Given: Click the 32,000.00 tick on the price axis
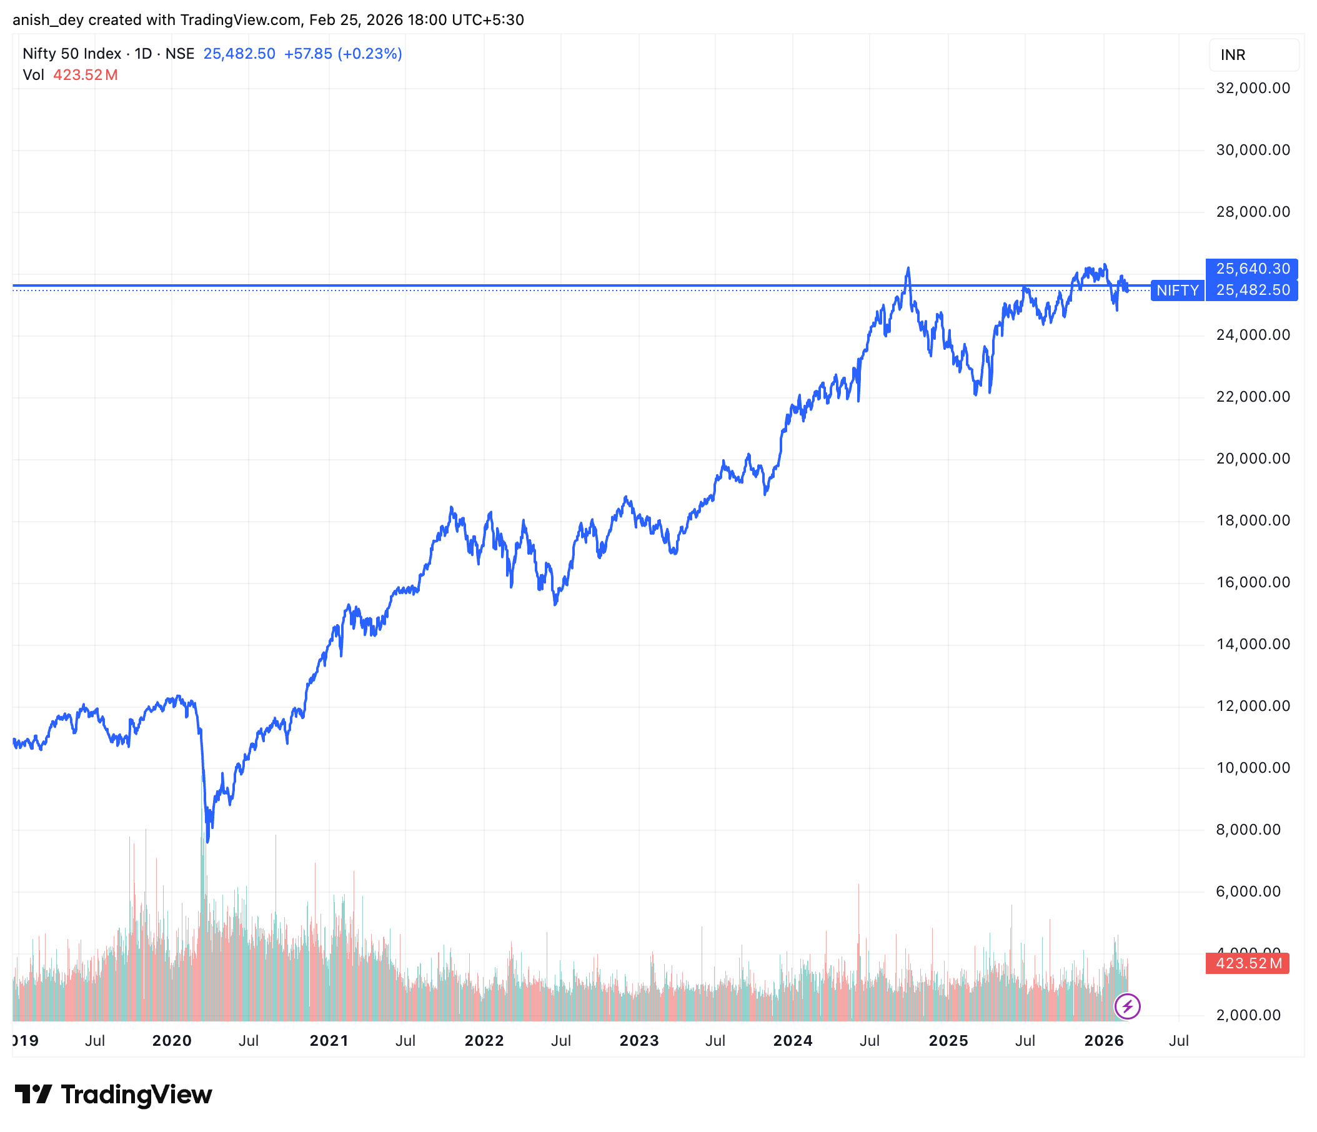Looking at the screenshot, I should coord(1252,88).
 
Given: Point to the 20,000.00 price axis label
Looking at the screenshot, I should coord(1252,459).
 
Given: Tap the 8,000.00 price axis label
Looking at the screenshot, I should coord(1248,830).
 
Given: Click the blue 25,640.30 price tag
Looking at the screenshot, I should coord(1252,269).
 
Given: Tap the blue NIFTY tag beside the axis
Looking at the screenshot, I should coord(1177,290).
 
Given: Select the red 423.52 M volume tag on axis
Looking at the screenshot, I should coord(1248,963).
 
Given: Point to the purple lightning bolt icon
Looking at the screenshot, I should coord(1128,1007).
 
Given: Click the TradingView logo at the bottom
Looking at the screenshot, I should coord(113,1095).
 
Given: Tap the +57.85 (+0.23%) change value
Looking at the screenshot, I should coord(342,54).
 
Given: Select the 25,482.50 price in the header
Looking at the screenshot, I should coord(239,54).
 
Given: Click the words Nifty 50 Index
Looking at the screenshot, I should coord(72,54).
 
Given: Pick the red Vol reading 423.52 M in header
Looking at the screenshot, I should coord(85,75).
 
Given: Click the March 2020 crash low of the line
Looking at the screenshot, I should coord(208,841).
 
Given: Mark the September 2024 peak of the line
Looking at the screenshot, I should coord(908,268).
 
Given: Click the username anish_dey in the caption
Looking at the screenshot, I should coord(48,20).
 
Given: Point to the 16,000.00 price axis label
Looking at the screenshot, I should coord(1252,582).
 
